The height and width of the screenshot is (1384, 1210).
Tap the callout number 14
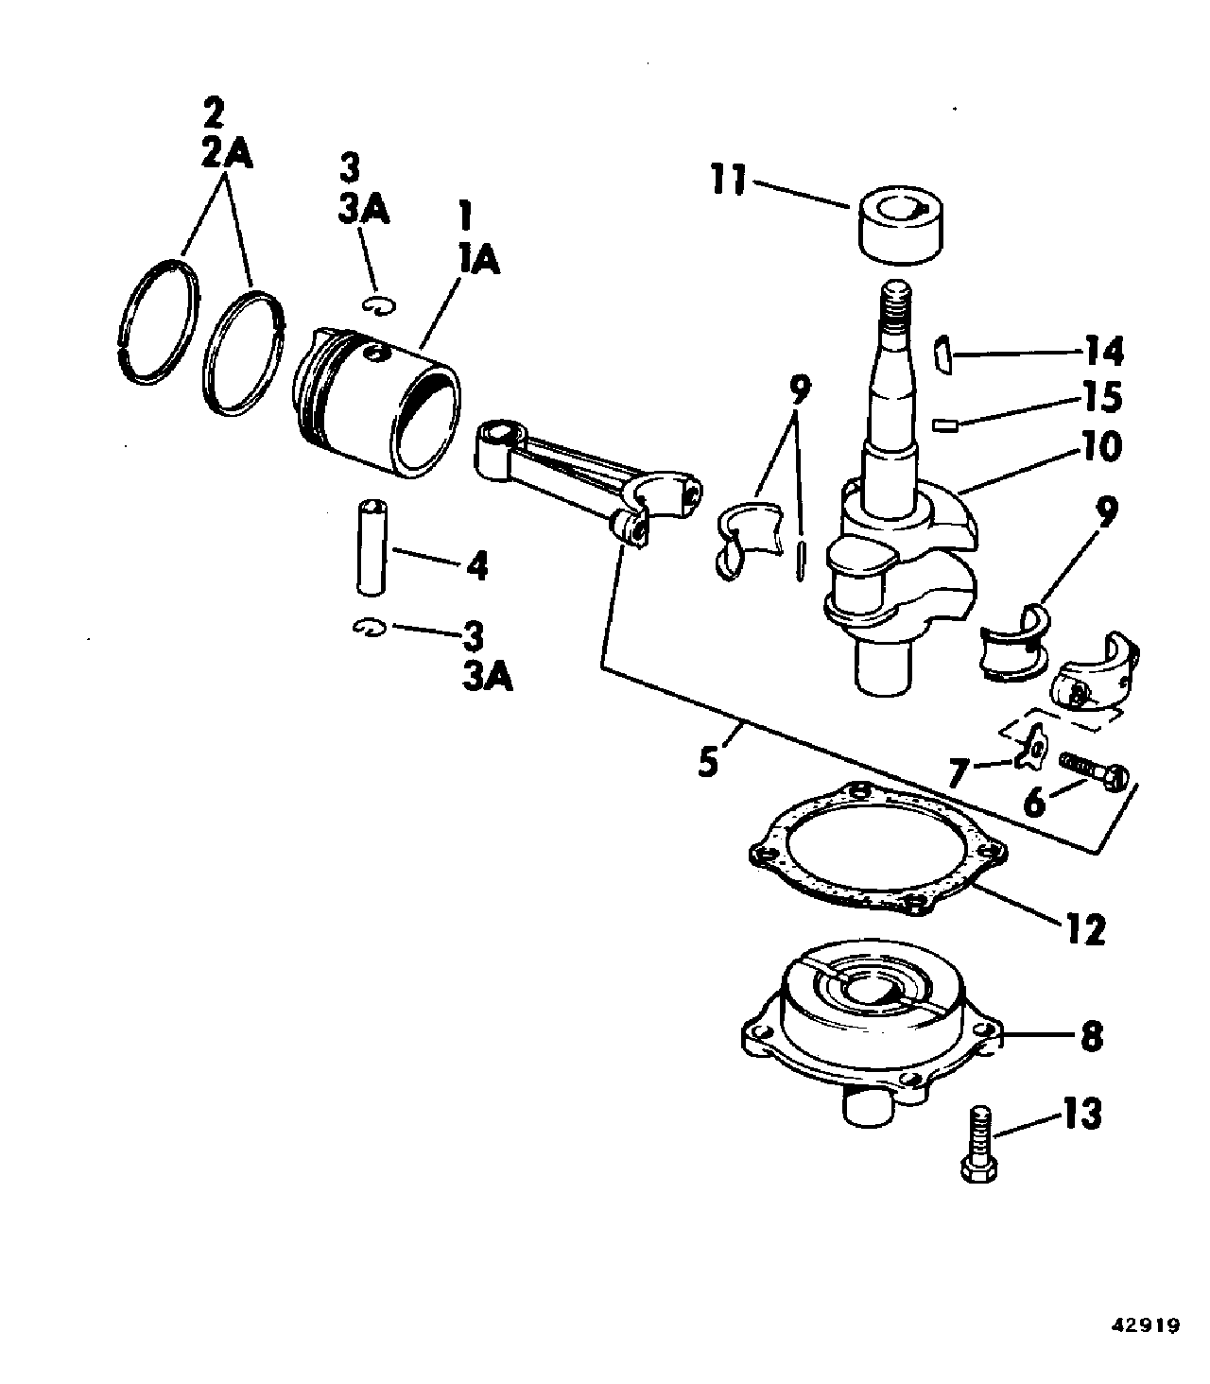pyautogui.click(x=1103, y=351)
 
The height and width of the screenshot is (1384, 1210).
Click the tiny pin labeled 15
pyautogui.click(x=945, y=425)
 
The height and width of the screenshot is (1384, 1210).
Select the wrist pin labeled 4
pyautogui.click(x=371, y=547)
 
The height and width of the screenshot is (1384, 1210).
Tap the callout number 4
pyautogui.click(x=476, y=565)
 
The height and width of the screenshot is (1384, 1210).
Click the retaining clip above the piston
pyautogui.click(x=377, y=305)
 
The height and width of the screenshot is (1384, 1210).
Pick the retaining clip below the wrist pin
pyautogui.click(x=370, y=628)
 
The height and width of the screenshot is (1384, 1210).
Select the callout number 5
pyautogui.click(x=707, y=762)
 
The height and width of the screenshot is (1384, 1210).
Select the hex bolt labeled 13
pyautogui.click(x=978, y=1145)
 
